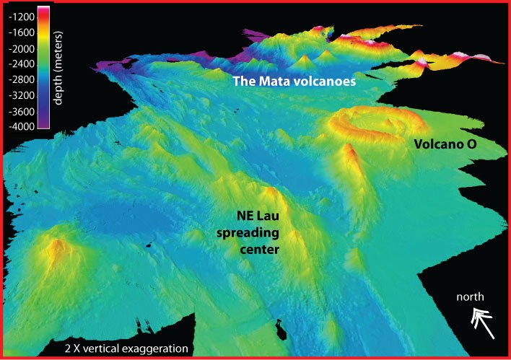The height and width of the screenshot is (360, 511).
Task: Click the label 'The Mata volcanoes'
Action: pos(294,82)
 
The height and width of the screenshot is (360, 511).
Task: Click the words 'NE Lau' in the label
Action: pos(258,215)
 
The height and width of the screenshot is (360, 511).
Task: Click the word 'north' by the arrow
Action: pos(470,297)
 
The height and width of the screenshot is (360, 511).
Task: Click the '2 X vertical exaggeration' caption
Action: pos(125,349)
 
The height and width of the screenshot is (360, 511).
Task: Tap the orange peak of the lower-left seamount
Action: pos(55,247)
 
